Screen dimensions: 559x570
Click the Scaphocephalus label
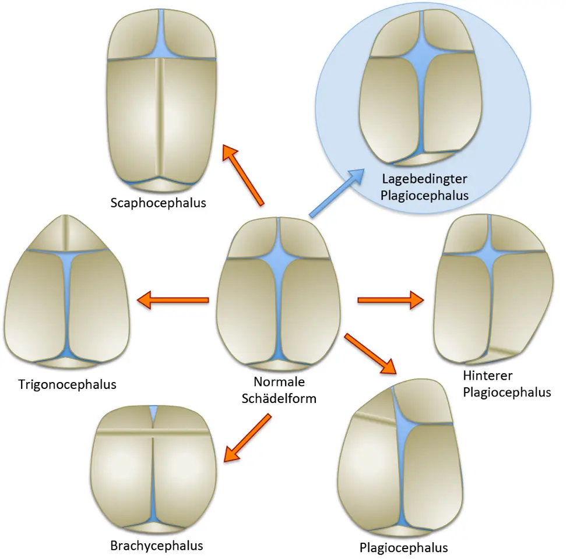pos(159,203)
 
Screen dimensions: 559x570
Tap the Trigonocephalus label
pos(67,384)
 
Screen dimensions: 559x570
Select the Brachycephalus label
pos(156,546)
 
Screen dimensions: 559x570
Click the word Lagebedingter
pos(424,178)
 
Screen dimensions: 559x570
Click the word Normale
pos(279,383)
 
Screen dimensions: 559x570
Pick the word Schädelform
pos(279,399)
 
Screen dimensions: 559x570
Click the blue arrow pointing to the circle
pos(336,194)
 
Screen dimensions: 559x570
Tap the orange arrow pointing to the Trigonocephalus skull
pos(173,300)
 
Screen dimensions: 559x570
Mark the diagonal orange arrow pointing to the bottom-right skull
pos(371,353)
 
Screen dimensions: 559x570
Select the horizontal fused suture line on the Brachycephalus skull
pos(153,433)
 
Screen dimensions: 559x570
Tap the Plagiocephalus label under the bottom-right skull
pos(403,548)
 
